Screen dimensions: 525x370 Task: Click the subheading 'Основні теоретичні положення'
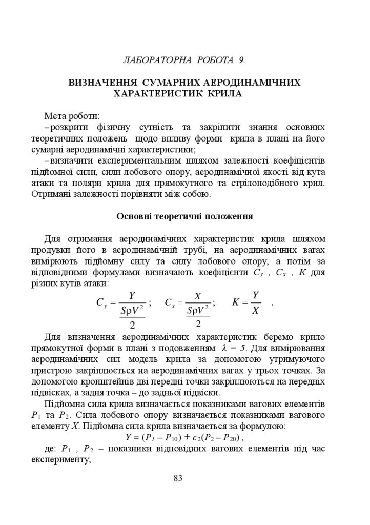click(x=184, y=216)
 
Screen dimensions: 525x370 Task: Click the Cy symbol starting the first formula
click(x=101, y=302)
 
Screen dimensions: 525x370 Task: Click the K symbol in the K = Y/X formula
click(x=236, y=302)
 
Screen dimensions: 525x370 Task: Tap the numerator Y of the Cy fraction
click(x=132, y=295)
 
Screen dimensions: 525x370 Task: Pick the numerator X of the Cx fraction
click(x=198, y=296)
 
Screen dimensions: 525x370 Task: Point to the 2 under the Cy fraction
click(x=132, y=325)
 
